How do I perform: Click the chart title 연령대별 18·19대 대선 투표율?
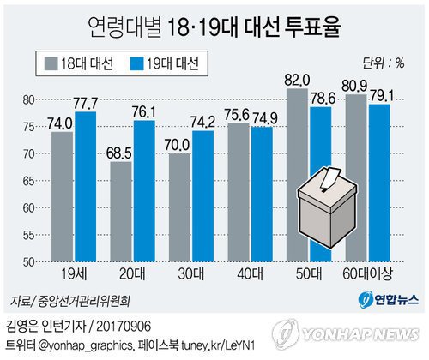(214, 26)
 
